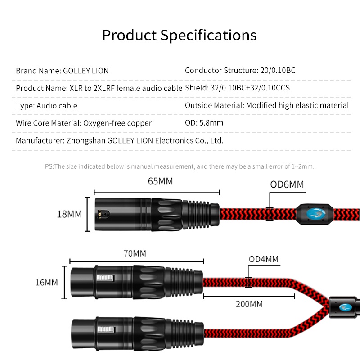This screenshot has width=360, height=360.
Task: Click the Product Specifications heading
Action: pos(179,36)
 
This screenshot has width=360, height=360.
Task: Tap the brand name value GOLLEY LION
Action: pos(85,71)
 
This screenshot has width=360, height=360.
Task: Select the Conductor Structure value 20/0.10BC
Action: pos(278,70)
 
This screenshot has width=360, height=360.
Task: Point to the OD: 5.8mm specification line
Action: pos(204,123)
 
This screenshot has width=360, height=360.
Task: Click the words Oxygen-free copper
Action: pos(117,123)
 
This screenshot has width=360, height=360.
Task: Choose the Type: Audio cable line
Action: pos(47,106)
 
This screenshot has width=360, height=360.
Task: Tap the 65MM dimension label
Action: pos(160,181)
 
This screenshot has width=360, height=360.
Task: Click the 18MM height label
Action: pos(69,214)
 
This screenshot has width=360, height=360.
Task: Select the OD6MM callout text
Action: pos(287,184)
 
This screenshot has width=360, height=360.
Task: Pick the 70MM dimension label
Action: pos(135,253)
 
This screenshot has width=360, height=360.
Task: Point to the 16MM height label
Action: pos(47,283)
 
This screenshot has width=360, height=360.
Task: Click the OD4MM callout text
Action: pos(264,259)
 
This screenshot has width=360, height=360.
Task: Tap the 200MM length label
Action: pos(249,304)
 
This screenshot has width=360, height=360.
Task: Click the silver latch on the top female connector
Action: pos(105,278)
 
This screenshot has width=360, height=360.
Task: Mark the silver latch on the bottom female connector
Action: pos(106,330)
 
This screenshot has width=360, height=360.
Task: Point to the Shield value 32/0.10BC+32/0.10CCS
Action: pos(250,88)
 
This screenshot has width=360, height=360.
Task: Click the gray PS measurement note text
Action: pos(180,166)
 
